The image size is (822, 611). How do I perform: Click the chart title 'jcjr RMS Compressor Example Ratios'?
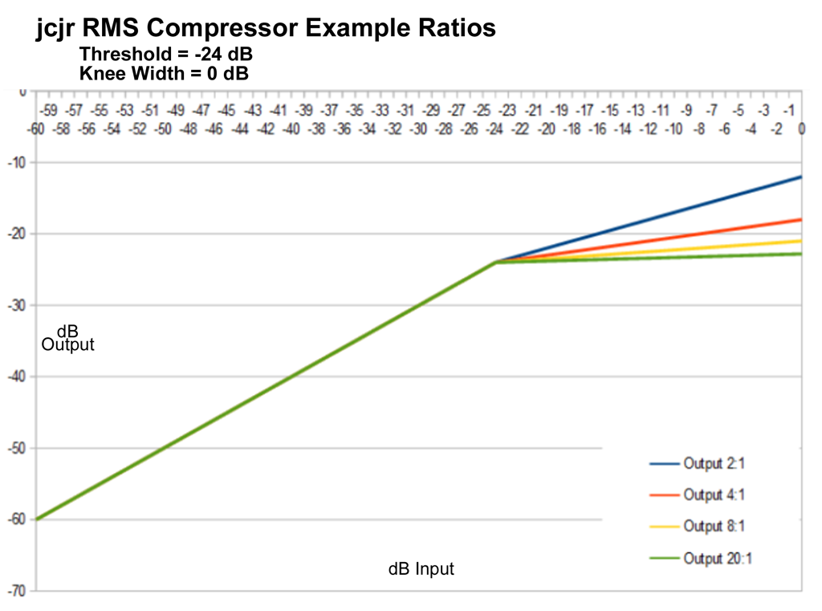266,29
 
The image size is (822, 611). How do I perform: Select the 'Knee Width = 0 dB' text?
164,74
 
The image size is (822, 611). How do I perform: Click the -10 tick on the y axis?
16,163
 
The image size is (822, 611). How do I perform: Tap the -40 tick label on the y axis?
16,377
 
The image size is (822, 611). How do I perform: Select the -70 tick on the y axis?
16,591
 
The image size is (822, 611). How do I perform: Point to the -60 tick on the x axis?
36,128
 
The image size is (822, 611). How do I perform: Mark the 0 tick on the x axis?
800,128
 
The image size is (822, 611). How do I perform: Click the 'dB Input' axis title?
421,569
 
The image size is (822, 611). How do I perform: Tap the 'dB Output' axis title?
67,338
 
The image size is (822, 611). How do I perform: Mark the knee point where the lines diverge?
496,262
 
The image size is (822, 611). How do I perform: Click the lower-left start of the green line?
37,519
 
